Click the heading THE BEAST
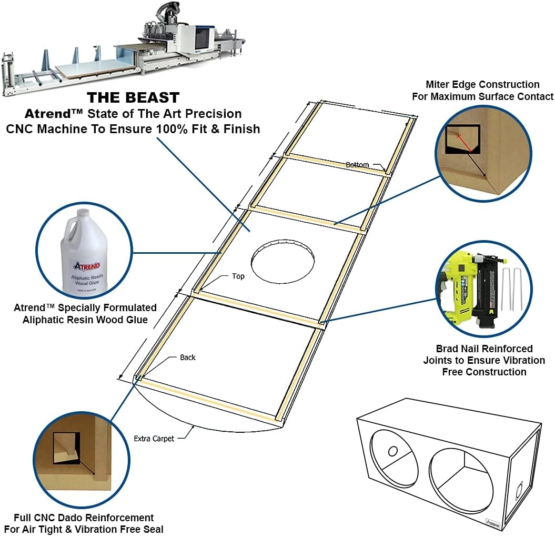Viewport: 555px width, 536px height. point(133,97)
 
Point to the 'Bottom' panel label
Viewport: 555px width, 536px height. point(357,165)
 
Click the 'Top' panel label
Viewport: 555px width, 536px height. point(238,276)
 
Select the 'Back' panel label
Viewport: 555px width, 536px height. point(187,358)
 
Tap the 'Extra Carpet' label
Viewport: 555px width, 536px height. point(154,438)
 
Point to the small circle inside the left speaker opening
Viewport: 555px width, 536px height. point(392,451)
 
